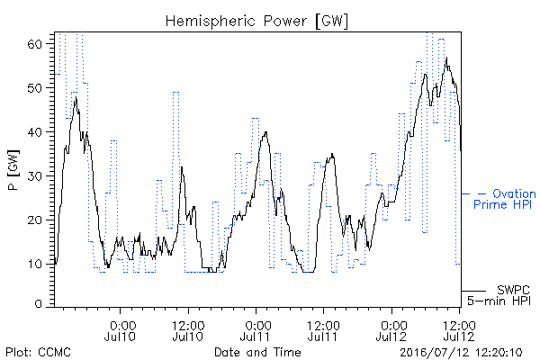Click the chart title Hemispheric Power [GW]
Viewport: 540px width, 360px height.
(256, 22)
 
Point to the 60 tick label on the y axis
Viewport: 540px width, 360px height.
(34, 44)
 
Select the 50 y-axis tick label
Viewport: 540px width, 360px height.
(34, 88)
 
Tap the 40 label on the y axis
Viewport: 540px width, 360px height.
(34, 132)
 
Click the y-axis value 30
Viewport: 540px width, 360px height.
(34, 176)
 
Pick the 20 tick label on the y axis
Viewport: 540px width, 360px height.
(34, 220)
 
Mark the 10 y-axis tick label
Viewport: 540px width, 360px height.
(34, 265)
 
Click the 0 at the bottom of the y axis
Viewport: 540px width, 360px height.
(39, 304)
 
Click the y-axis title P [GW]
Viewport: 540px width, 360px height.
(13, 170)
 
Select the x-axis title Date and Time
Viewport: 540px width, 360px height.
(257, 352)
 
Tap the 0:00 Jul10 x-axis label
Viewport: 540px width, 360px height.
(121, 330)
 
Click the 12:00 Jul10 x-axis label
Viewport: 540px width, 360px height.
(188, 330)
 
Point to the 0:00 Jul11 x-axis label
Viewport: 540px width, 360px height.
(256, 330)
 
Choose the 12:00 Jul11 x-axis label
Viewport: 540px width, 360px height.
(323, 330)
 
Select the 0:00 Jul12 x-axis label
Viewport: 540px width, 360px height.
(391, 330)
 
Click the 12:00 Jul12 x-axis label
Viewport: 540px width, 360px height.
(459, 330)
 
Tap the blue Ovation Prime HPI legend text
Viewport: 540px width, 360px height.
(505, 199)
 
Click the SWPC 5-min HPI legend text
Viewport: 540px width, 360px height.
(499, 295)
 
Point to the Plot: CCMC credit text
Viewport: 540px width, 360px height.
(38, 352)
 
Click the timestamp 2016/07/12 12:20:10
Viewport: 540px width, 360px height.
(461, 353)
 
